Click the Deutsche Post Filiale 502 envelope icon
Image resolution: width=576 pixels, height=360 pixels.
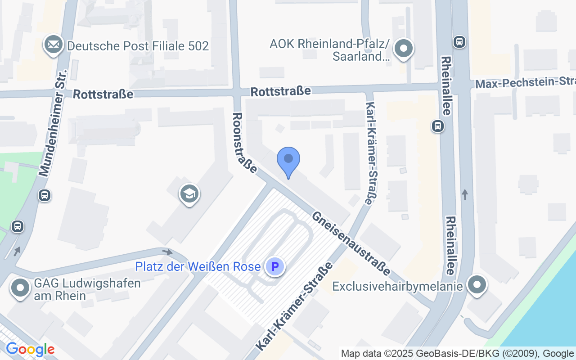[x=54, y=45]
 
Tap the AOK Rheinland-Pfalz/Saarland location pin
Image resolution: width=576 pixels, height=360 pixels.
[x=403, y=48]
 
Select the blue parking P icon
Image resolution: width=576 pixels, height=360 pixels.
[x=275, y=266]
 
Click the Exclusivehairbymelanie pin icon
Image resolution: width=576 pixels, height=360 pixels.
[x=477, y=285]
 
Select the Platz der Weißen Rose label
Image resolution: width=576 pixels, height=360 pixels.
[x=198, y=267]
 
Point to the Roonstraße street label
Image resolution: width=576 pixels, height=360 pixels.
[x=244, y=143]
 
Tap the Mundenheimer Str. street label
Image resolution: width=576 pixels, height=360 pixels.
[x=53, y=123]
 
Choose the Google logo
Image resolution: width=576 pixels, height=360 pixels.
[x=30, y=349]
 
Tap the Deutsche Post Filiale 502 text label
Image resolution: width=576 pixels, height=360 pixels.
[x=138, y=46]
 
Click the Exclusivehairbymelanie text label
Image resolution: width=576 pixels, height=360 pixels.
[x=397, y=286]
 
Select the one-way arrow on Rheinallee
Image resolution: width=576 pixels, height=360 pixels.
[x=465, y=194]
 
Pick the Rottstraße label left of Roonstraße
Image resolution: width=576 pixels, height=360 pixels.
[x=103, y=94]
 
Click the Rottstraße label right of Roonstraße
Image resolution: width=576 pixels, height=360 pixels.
[x=281, y=91]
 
